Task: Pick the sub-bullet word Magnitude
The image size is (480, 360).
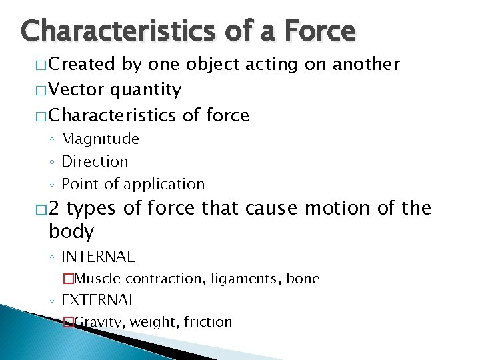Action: pyautogui.click(x=100, y=139)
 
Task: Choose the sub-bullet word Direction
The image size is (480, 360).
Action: pyautogui.click(x=95, y=161)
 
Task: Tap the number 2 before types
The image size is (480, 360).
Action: pyautogui.click(x=55, y=209)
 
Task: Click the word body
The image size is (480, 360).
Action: pyautogui.click(x=71, y=232)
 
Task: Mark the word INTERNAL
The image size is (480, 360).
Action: pyautogui.click(x=98, y=256)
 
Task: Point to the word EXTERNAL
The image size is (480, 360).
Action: pyautogui.click(x=99, y=300)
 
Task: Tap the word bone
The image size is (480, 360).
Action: pyautogui.click(x=303, y=279)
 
